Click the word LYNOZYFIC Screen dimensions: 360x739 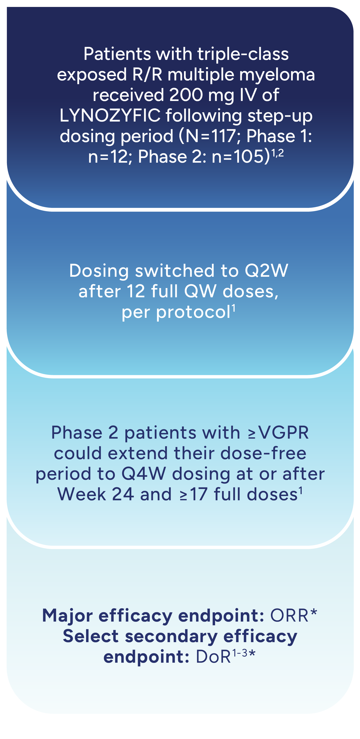coord(110,115)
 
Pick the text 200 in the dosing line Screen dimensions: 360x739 coord(186,95)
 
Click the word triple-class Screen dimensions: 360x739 coord(243,54)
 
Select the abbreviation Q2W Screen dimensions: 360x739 coord(266,271)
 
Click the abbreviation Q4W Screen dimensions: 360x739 coord(144,474)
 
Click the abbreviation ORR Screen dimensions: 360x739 coord(289,616)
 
